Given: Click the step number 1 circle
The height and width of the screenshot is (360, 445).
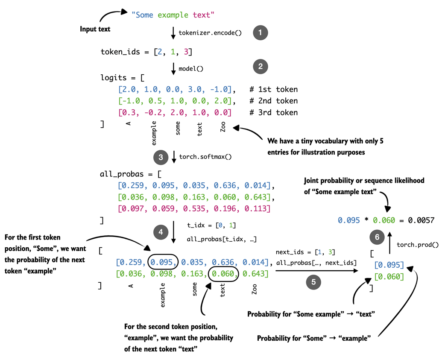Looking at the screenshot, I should click(260, 33).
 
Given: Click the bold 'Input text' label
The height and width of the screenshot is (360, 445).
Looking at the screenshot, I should click(95, 29).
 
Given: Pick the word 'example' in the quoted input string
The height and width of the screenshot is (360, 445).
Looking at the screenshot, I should click(173, 15).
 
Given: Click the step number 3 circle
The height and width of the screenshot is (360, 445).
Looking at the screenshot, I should click(161, 157).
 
